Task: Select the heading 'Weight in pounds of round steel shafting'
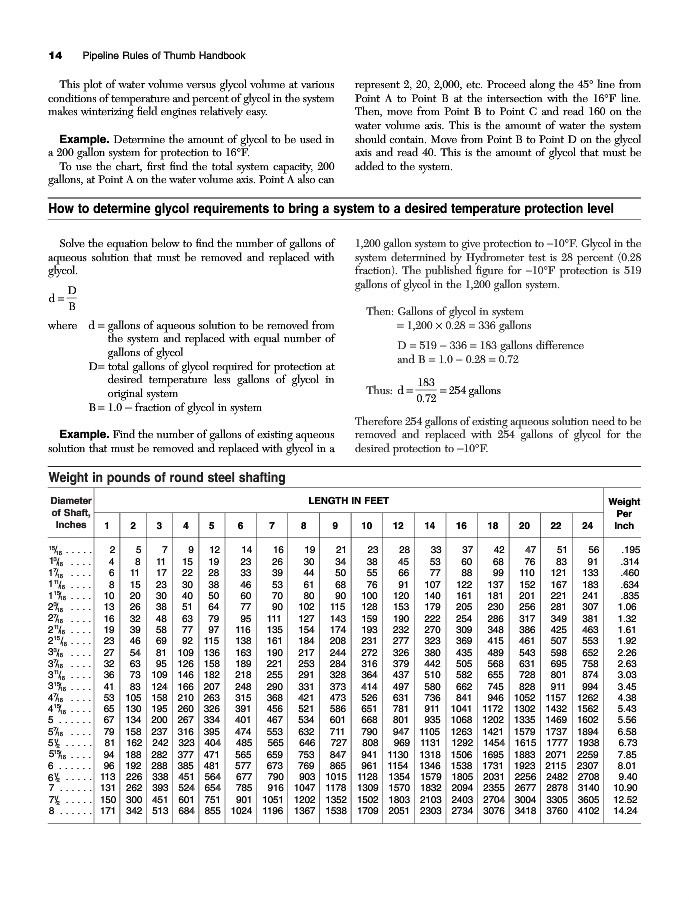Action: coord(155,477)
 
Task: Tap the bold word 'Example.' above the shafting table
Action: coord(90,433)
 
